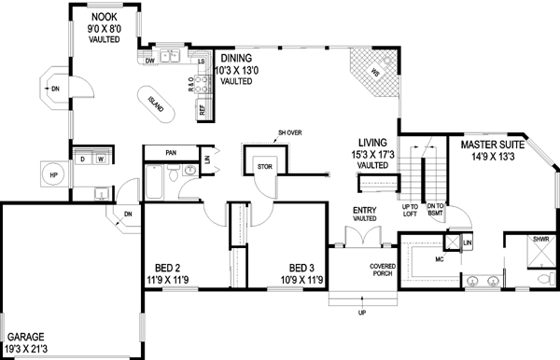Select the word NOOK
pyautogui.click(x=104, y=17)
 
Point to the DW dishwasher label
pyautogui.click(x=149, y=62)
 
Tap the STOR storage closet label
pyautogui.click(x=263, y=167)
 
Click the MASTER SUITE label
pyautogui.click(x=490, y=145)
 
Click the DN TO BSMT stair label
pyautogui.click(x=435, y=210)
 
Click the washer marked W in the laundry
pyautogui.click(x=100, y=159)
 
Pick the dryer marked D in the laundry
pyautogui.click(x=82, y=159)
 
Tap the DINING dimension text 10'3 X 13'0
pyautogui.click(x=237, y=70)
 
